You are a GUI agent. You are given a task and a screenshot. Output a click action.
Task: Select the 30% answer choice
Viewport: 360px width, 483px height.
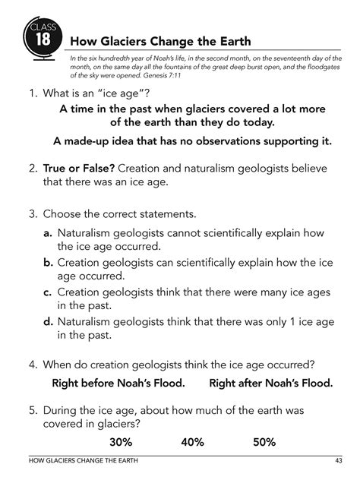[122, 441]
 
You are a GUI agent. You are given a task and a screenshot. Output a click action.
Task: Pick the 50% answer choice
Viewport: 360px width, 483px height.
[263, 441]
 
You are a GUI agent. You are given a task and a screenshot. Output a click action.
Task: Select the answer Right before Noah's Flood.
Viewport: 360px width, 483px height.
[118, 383]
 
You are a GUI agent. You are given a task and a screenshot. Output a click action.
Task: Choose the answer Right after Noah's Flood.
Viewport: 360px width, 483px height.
[270, 383]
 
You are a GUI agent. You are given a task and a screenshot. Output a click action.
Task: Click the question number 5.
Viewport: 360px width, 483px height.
[33, 409]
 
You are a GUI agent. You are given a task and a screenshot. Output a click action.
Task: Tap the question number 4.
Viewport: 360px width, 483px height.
[33, 362]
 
